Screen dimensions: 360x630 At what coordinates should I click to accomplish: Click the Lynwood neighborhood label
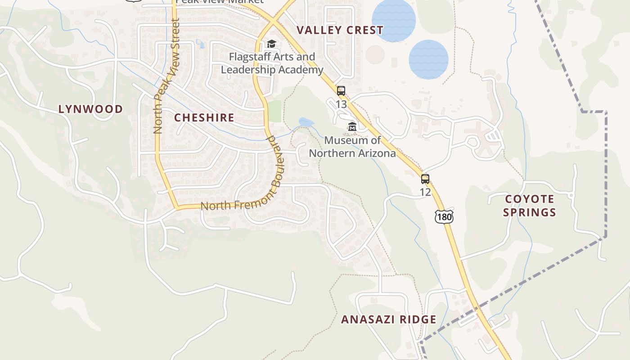[90, 109]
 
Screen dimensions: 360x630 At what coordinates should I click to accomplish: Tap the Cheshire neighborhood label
[204, 118]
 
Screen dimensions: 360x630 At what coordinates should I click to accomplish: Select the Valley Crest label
[340, 31]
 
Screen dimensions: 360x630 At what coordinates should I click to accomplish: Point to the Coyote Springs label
[530, 206]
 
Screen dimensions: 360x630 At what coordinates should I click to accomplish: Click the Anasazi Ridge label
[388, 319]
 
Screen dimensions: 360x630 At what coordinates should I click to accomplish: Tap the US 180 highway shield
[444, 217]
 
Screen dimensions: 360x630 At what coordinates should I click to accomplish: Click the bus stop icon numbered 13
[341, 91]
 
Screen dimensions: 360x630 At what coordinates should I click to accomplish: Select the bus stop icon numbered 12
[425, 179]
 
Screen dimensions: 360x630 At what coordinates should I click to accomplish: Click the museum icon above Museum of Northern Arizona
[352, 127]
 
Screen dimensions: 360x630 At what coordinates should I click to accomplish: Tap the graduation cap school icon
[271, 44]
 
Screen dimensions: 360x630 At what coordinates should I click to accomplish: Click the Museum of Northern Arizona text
[352, 147]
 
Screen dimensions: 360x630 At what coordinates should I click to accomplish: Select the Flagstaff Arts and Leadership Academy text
[272, 63]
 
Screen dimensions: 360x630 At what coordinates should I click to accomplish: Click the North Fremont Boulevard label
[252, 198]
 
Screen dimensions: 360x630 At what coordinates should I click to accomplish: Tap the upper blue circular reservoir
[393, 20]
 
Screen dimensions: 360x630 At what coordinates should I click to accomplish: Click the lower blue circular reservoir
[428, 59]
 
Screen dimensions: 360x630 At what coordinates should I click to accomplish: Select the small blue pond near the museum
[306, 122]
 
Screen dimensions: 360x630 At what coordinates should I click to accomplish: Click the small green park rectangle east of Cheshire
[274, 111]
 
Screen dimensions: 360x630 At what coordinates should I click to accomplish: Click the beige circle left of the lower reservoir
[375, 54]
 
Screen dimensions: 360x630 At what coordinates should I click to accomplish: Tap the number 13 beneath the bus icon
[341, 104]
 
